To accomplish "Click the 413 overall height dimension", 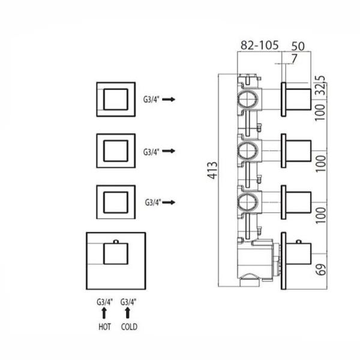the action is coord(212,170).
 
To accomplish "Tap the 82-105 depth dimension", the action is coord(259,45).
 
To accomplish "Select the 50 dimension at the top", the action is coord(298,46).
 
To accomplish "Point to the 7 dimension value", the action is coord(294,58).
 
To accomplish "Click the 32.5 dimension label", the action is coord(322,85).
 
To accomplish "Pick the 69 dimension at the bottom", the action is coord(321,269).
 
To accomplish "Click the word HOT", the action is coord(104,327).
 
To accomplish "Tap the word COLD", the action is coord(129,327).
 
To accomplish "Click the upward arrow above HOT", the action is coord(104,313).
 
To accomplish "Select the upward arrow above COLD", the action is coord(128,313).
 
